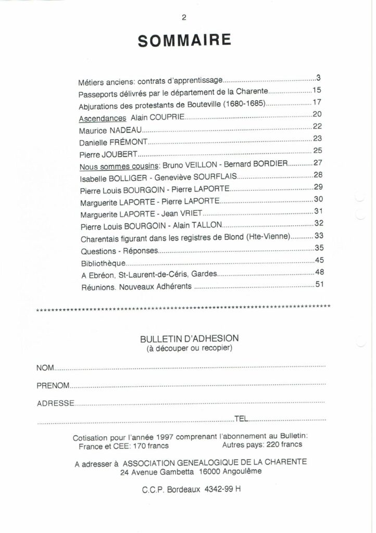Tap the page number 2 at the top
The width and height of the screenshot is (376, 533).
point(184,17)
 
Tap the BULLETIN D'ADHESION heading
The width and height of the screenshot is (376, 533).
point(189,338)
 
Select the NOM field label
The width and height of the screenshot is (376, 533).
point(45,369)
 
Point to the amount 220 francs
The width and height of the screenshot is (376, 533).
point(283,445)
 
